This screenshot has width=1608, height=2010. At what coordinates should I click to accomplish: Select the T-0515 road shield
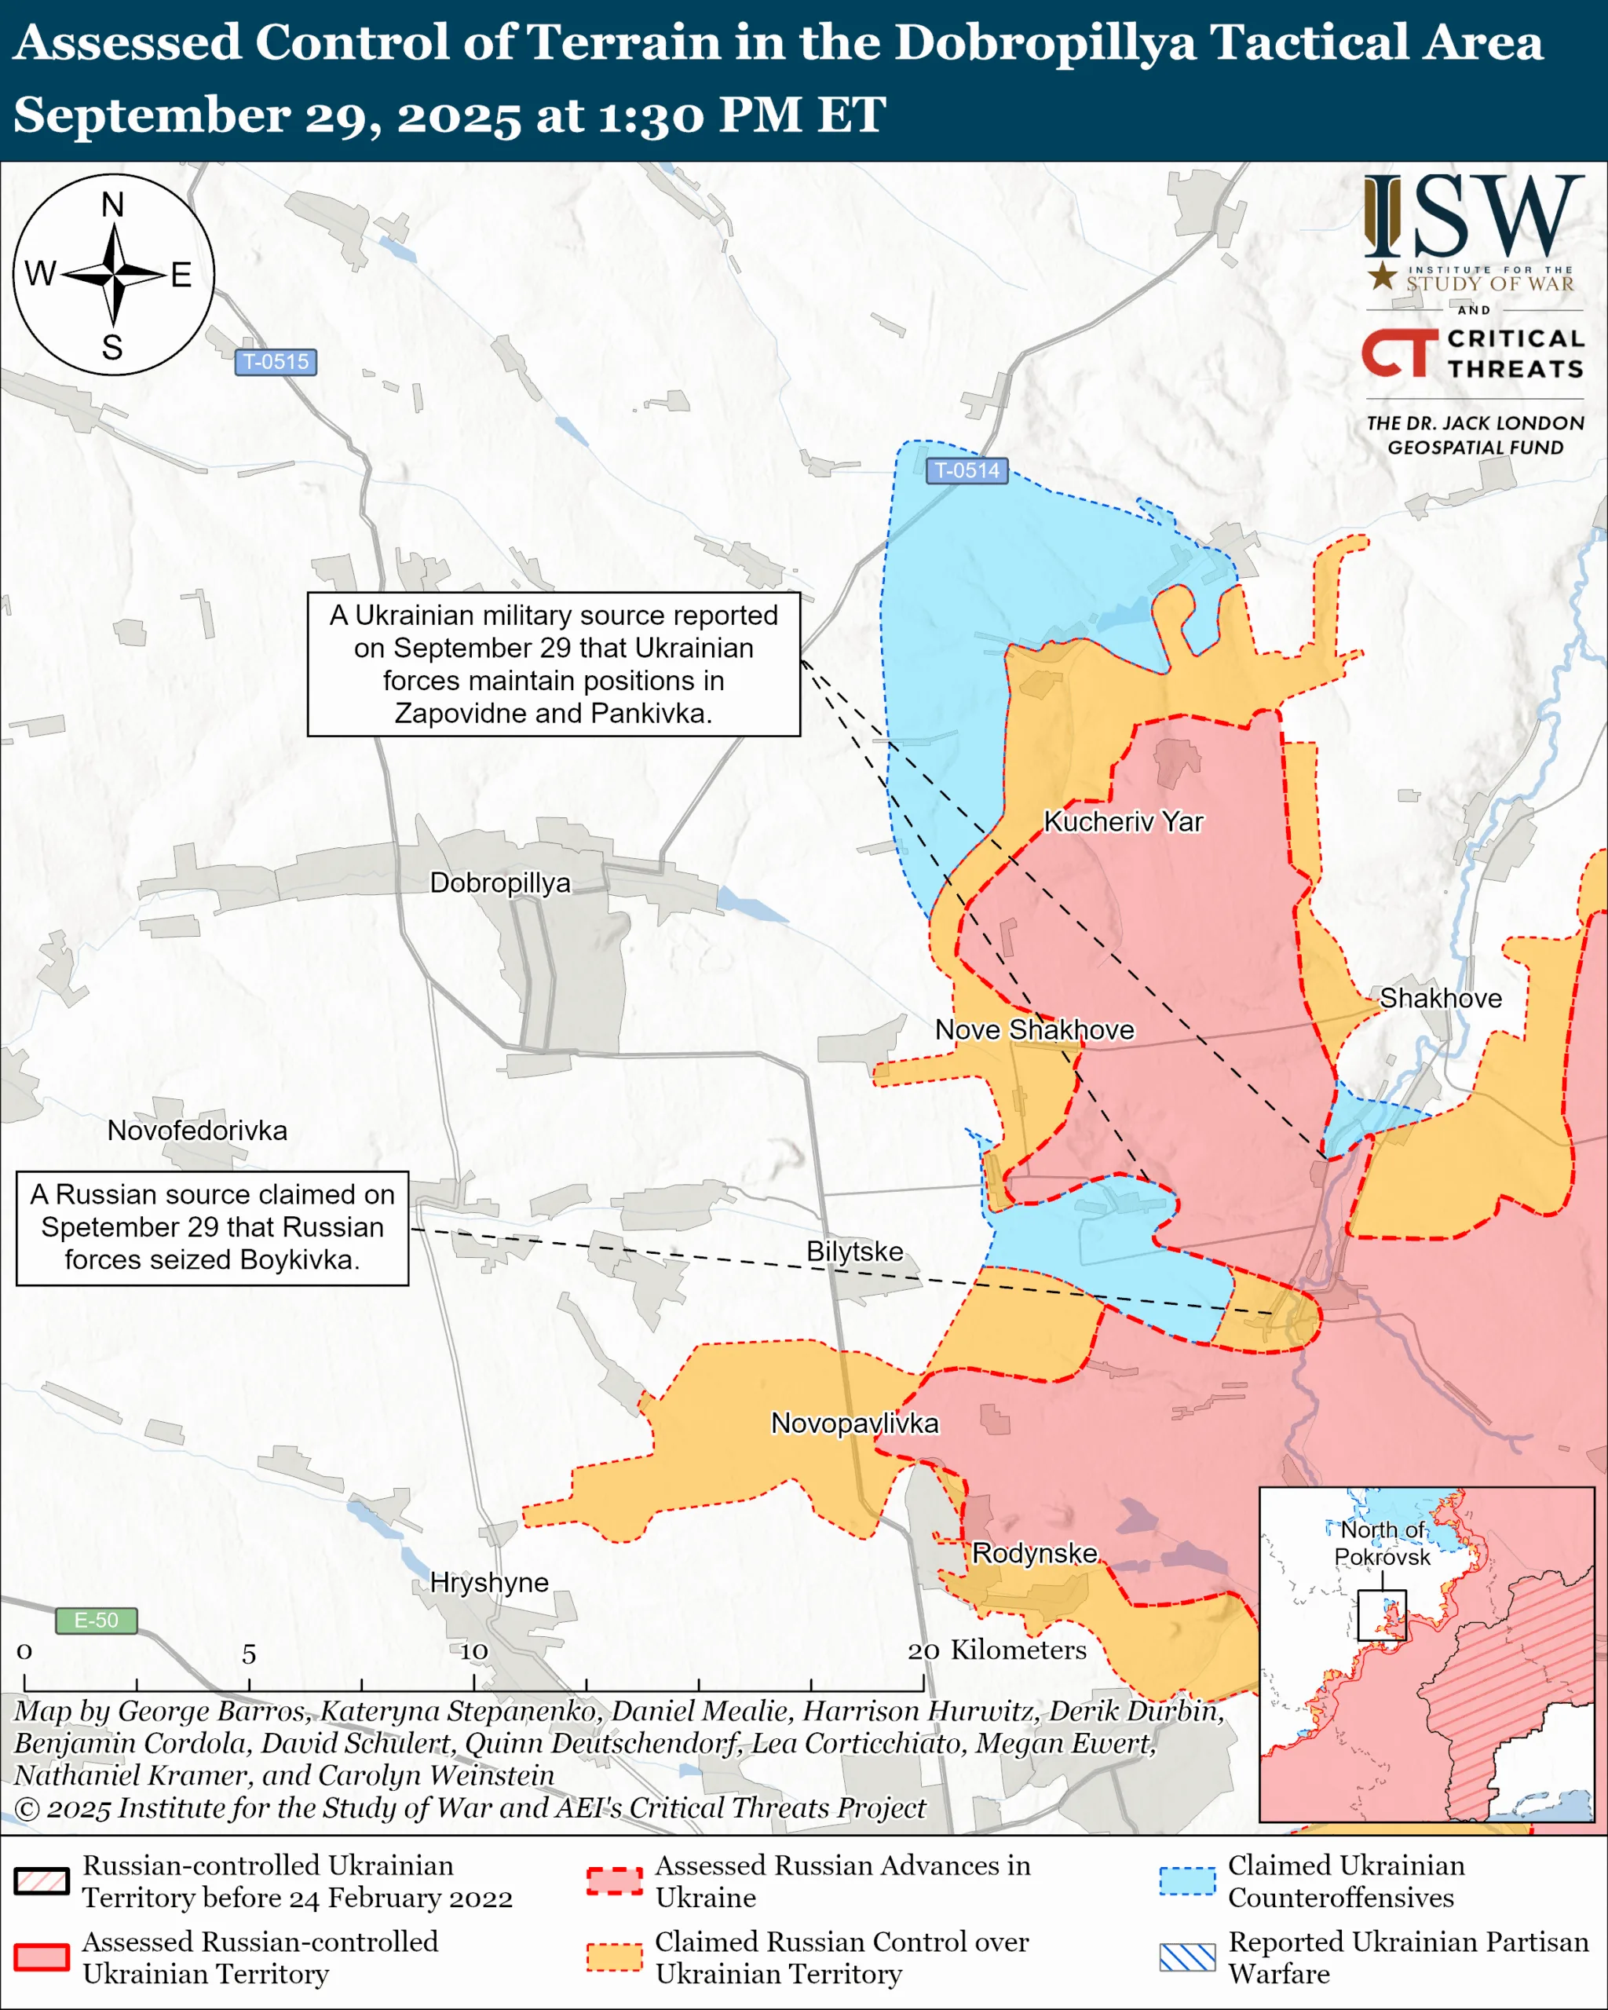point(275,362)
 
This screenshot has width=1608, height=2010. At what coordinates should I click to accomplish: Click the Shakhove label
point(1439,998)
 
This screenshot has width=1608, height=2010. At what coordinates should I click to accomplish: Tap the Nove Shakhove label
point(1034,1029)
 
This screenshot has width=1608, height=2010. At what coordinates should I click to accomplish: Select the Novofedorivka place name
point(197,1130)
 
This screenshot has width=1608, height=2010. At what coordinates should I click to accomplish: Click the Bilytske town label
point(854,1251)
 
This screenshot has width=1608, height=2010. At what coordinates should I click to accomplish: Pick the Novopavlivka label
point(854,1423)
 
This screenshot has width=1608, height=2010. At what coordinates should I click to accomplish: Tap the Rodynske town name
point(1034,1553)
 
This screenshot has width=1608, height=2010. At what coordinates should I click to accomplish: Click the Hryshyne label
point(488,1582)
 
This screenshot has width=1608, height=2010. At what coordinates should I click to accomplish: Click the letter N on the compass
point(113,204)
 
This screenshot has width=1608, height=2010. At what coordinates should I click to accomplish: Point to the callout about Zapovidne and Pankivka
point(553,663)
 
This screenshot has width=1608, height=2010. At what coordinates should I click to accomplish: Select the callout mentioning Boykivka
point(212,1228)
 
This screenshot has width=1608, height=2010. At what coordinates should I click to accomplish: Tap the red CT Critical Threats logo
point(1398,353)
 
